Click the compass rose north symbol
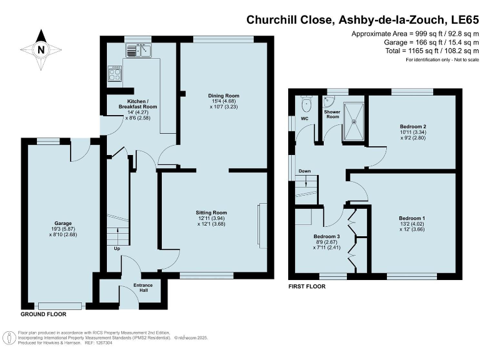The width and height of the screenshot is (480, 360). [x=41, y=49]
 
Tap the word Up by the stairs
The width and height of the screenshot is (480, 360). [x=117, y=249]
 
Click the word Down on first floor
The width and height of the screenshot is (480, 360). [x=305, y=171]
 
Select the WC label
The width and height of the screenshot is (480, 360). [x=305, y=117]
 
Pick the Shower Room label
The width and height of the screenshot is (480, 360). [x=331, y=114]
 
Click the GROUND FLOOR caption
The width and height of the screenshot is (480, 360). [x=43, y=314]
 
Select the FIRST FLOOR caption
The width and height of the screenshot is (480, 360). [x=307, y=286]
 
